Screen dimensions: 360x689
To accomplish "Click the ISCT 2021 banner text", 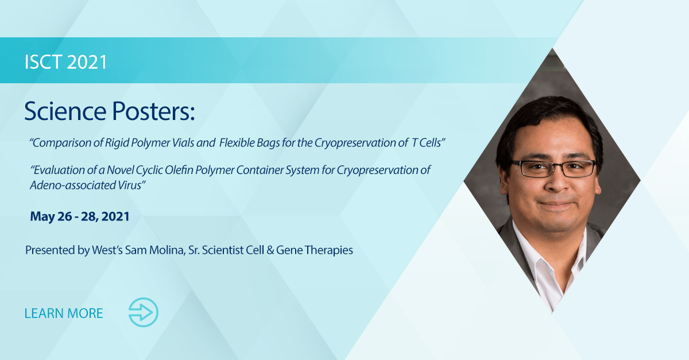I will (x=66, y=61).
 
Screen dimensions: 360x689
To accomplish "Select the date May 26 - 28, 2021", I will (x=80, y=216).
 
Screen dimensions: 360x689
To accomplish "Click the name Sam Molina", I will (x=150, y=250).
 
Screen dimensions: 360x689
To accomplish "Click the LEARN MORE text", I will (x=64, y=313).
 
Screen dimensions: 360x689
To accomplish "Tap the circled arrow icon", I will (x=143, y=313).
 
